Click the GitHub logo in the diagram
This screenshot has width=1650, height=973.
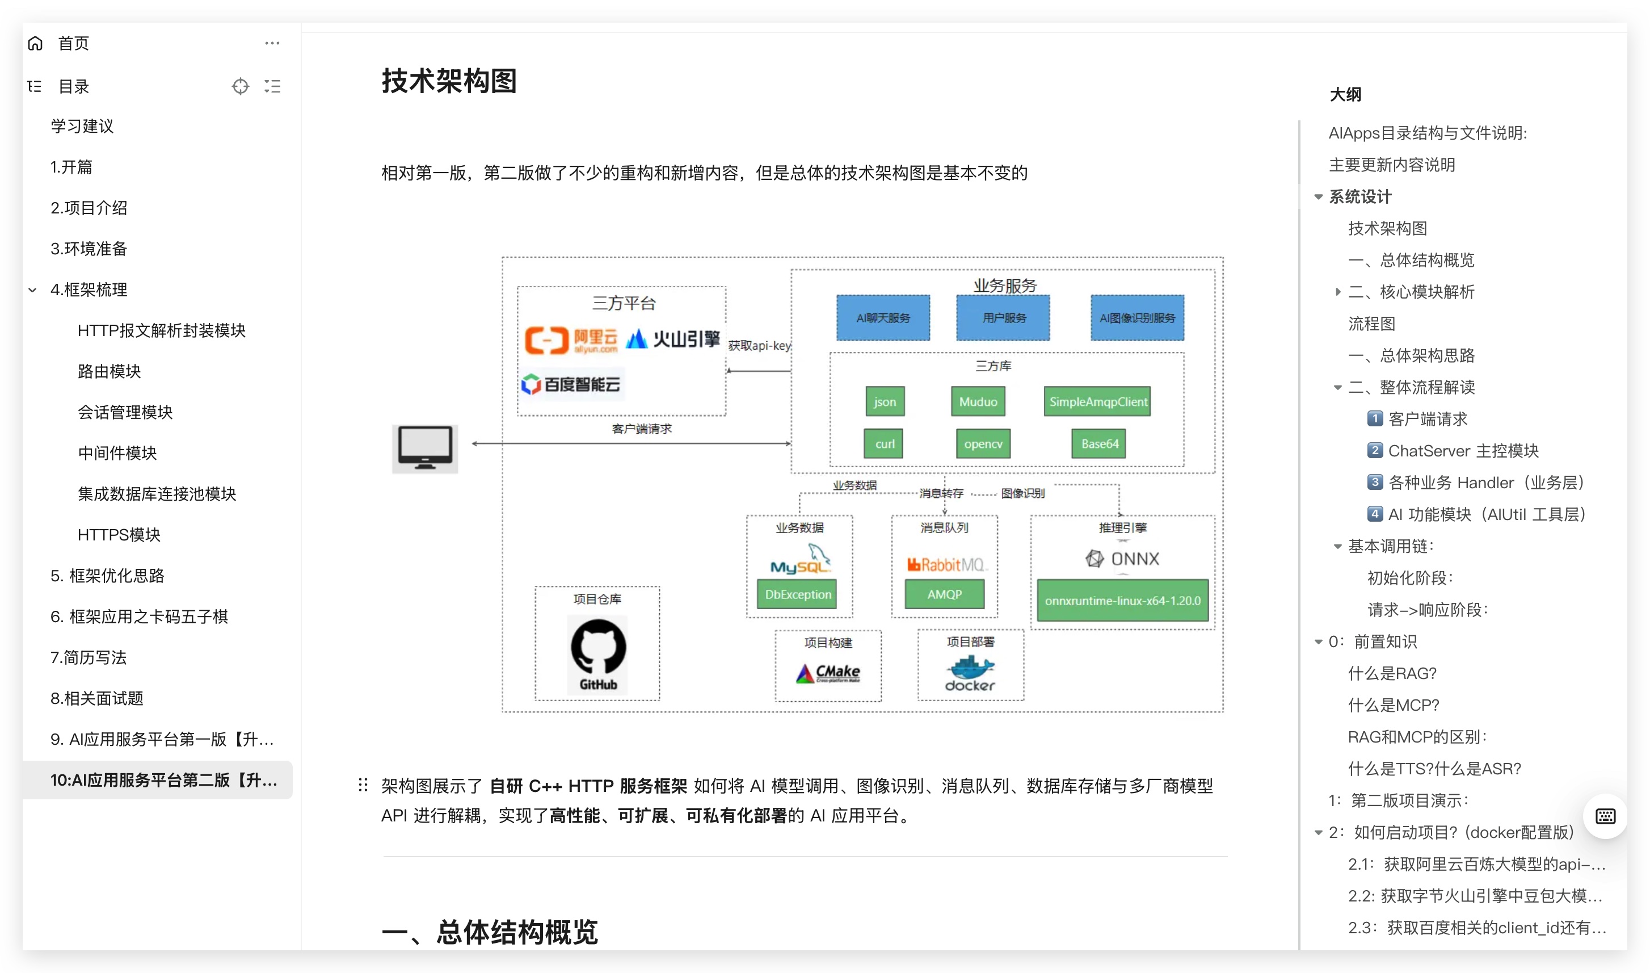597,655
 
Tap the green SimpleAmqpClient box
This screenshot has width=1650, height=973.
1097,401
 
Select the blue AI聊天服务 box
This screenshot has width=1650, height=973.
883,318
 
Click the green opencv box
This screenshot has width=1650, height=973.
983,444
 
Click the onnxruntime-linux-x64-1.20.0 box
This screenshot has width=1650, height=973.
1122,601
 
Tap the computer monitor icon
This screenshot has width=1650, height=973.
424,448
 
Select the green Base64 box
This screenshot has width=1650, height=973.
1099,444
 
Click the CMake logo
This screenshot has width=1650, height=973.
828,673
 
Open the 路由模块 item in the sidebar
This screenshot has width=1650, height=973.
109,371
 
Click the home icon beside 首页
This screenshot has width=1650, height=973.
35,43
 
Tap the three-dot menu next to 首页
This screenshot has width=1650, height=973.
272,43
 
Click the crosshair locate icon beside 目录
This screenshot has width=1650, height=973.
241,86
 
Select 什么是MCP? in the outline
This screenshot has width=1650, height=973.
1393,705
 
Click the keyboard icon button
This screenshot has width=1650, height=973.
1605,816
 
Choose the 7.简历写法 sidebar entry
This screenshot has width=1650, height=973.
89,657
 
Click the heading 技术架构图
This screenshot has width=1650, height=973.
449,81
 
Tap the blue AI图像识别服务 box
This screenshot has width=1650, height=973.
1137,318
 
